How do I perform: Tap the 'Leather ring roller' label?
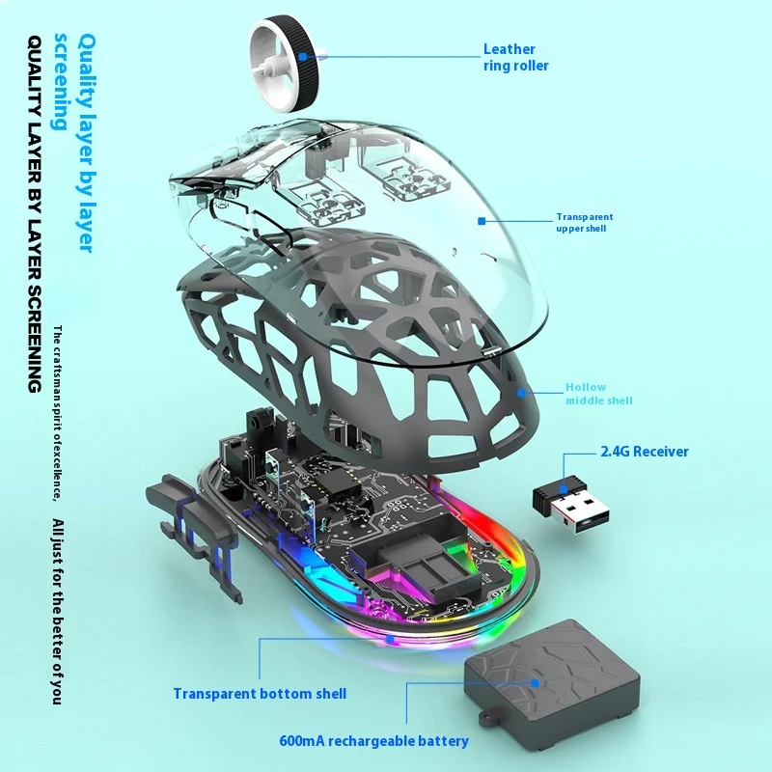pos(515,58)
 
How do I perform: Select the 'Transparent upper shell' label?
pos(584,223)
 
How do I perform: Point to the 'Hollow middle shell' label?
pos(599,394)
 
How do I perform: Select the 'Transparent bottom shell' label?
pos(260,693)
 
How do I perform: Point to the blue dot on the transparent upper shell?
pos(482,220)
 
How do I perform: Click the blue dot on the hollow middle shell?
pos(522,393)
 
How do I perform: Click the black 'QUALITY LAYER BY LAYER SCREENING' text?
pos(34,212)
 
